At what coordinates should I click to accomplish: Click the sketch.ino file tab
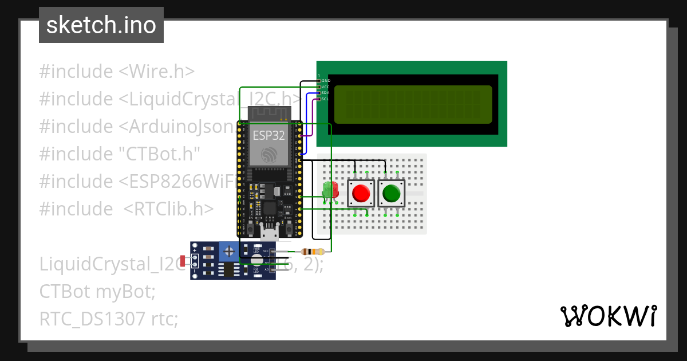click(x=101, y=25)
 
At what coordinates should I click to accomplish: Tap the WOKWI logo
click(x=607, y=316)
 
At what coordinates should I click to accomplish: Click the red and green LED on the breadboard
click(x=330, y=191)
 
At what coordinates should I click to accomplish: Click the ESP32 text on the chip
click(x=269, y=136)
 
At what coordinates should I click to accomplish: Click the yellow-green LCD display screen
click(x=413, y=104)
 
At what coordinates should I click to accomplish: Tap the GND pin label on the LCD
click(x=325, y=81)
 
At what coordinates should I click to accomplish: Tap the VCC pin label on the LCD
click(x=325, y=87)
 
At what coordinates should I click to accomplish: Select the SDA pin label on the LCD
click(x=325, y=93)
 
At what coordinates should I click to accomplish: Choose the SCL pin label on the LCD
click(x=325, y=99)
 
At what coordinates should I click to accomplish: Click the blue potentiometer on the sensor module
click(x=229, y=251)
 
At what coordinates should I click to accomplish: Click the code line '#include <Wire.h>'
click(x=117, y=72)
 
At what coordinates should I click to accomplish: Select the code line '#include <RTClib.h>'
click(x=126, y=209)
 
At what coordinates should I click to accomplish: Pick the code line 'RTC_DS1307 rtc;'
click(x=109, y=319)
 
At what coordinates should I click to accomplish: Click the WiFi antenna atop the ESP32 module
click(x=270, y=113)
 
